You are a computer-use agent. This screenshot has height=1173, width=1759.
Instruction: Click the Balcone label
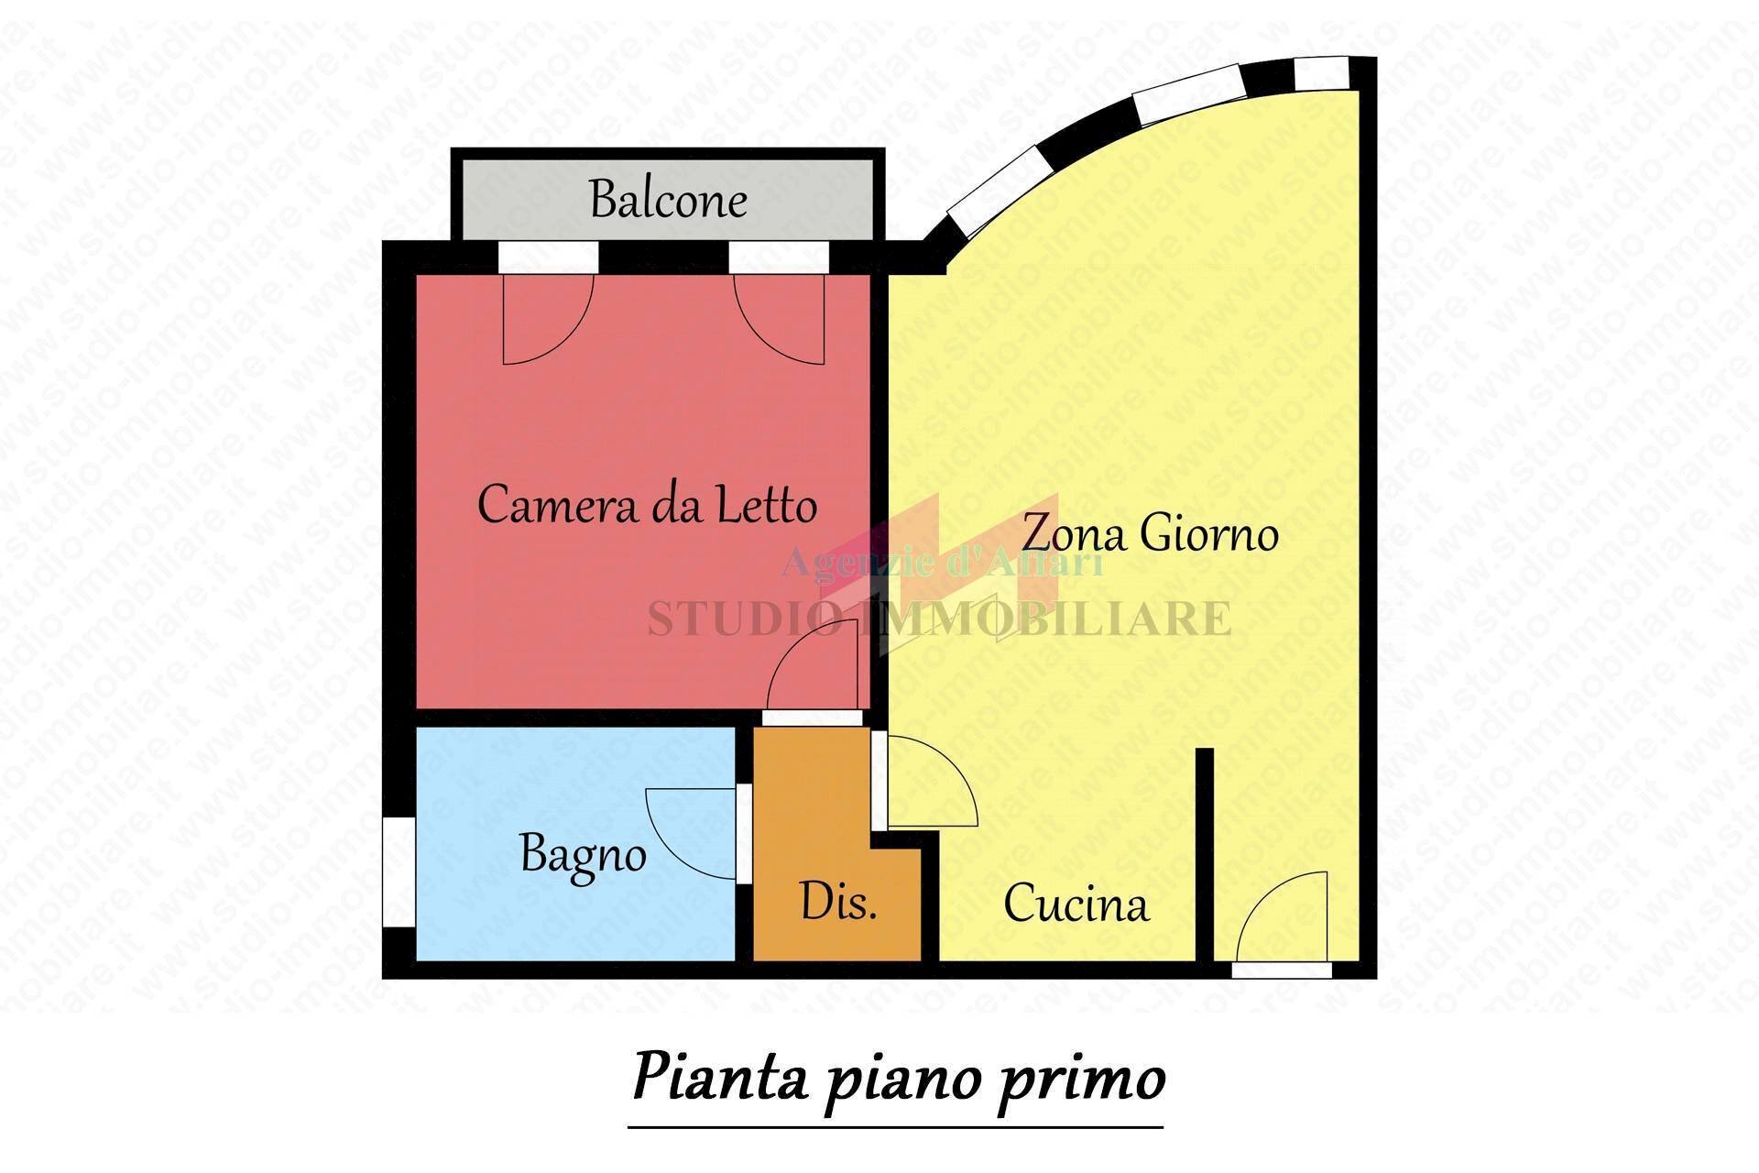tap(668, 199)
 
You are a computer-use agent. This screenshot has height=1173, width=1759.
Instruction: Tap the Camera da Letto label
tap(647, 505)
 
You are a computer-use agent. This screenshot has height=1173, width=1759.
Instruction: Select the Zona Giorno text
tap(1150, 532)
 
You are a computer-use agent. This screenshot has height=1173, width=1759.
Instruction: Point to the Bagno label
tap(583, 854)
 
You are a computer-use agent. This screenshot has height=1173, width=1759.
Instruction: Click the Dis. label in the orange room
tap(838, 902)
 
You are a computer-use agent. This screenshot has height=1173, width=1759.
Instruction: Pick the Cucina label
tap(1076, 904)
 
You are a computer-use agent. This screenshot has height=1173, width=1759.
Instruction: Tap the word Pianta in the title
tap(719, 1078)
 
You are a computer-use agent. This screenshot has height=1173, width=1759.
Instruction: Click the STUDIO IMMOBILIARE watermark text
tap(939, 619)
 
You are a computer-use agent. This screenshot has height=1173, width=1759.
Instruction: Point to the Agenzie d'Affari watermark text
tap(942, 562)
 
